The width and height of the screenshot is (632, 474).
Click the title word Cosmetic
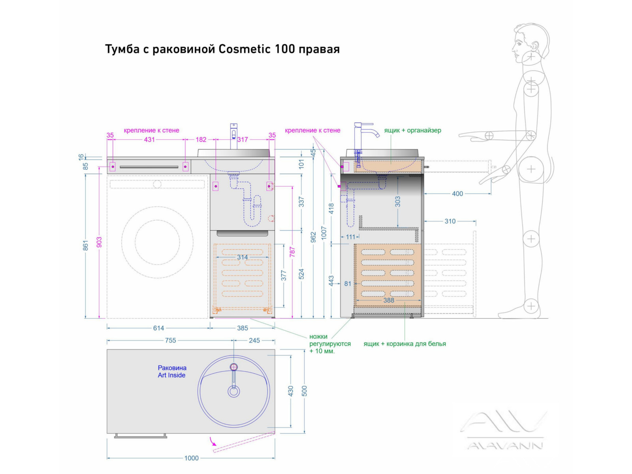245,49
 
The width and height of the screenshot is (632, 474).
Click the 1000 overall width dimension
192,458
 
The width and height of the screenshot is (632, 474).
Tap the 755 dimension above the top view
171,340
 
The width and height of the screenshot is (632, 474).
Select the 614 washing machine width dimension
159,328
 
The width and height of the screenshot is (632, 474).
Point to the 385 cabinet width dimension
243,328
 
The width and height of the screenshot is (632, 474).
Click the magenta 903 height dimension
99,242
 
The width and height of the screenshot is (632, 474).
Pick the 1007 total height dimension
324,233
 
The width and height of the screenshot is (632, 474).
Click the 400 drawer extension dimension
457,194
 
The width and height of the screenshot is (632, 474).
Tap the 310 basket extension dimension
450,222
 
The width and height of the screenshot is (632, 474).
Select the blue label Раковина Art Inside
172,372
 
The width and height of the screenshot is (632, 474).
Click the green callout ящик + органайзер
412,130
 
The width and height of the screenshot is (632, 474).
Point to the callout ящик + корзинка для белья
404,344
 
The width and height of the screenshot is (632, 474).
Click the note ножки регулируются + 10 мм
329,344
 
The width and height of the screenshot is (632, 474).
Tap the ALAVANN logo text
505,446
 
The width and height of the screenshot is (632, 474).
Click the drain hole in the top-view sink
234,391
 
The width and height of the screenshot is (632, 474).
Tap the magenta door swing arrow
213,441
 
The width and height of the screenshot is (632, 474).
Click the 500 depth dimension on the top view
304,391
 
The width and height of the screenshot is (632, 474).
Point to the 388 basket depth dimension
389,301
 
